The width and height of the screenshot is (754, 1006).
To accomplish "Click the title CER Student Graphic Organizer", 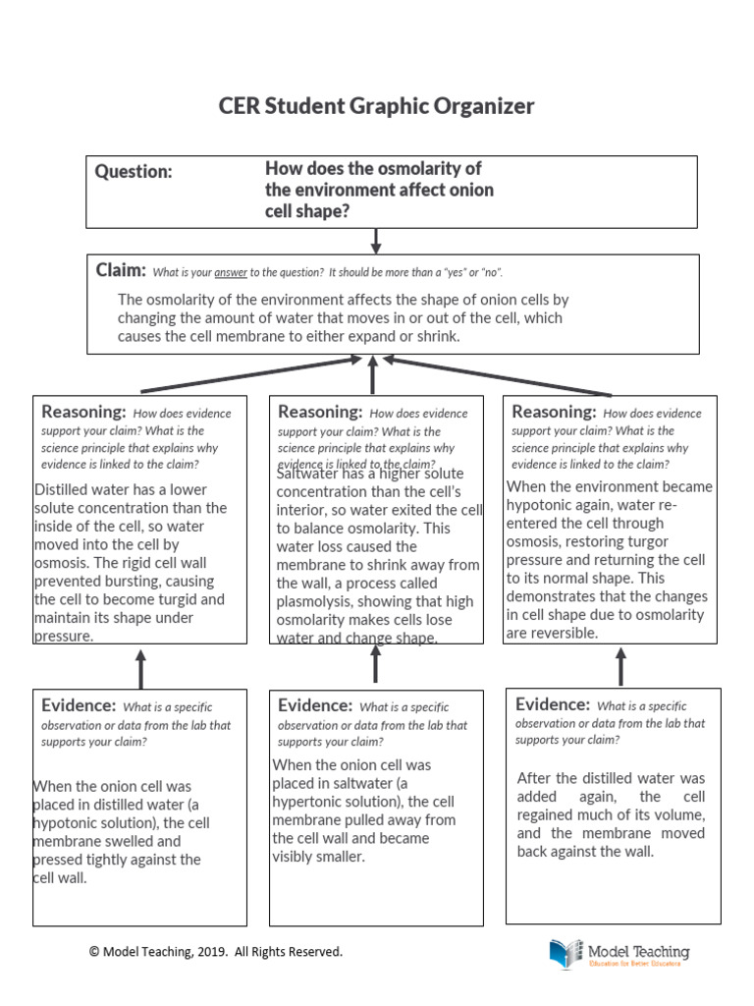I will pos(377,106).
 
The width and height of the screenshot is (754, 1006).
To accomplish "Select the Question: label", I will pos(134,172).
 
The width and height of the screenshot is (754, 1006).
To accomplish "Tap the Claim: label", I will pos(121,270).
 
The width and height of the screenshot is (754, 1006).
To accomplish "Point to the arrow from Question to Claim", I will pos(375,241).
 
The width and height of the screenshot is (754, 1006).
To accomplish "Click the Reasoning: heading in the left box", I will pos(83,412).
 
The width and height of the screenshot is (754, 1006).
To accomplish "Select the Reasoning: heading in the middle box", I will pos(320,412).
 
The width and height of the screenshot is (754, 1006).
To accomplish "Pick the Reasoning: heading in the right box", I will pos(554,412).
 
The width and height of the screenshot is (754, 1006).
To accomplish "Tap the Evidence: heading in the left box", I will pos(79,705).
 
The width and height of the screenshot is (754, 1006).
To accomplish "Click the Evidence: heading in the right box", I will pos(553,704).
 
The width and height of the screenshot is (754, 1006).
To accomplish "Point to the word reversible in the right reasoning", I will pos(564,633).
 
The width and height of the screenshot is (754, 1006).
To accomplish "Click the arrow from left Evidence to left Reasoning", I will pos(140,668).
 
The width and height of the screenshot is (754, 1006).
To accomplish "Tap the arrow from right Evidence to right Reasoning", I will pos(619,667).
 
